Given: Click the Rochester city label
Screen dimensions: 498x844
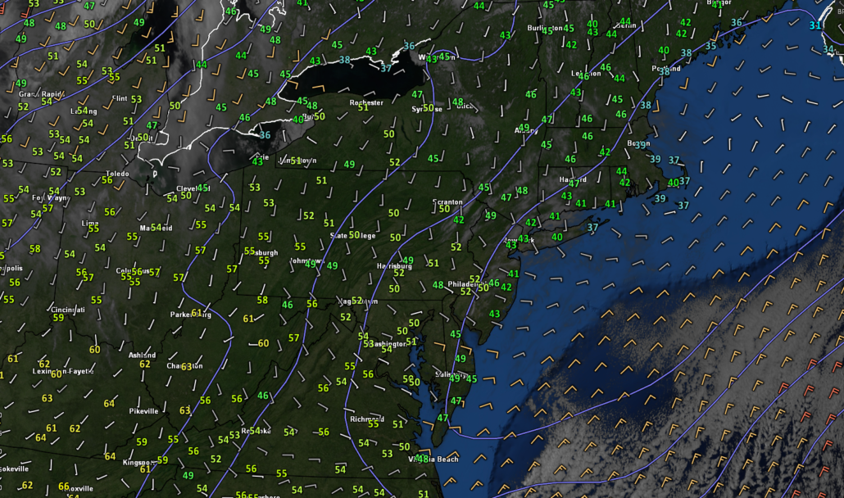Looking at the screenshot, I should [x=366, y=103].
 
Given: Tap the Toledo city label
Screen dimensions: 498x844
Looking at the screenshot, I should [x=115, y=174].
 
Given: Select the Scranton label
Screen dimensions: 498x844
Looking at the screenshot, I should [x=448, y=201].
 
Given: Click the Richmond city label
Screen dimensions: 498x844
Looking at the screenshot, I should [x=367, y=419].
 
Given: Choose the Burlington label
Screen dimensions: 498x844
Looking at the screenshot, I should [x=546, y=28].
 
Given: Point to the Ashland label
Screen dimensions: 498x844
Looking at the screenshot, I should [x=142, y=355].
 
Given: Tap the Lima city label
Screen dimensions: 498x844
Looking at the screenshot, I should [x=91, y=223].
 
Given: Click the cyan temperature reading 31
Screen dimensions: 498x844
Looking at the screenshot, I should [x=815, y=25].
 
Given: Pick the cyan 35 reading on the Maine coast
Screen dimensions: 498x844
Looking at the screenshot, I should [x=710, y=46].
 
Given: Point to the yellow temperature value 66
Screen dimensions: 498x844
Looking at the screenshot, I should [x=63, y=487].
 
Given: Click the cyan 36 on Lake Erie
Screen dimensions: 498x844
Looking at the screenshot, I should [x=265, y=135].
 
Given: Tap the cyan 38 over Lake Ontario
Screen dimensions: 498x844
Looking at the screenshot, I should [x=345, y=60].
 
